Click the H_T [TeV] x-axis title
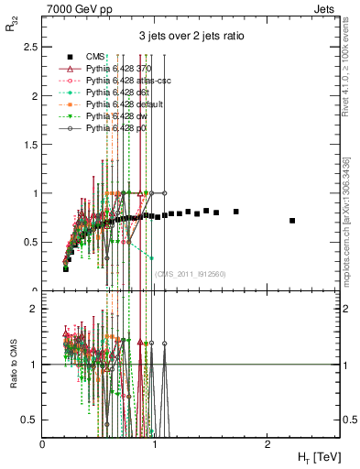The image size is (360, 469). tap(314, 455)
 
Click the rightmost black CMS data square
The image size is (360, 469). tap(292, 221)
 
